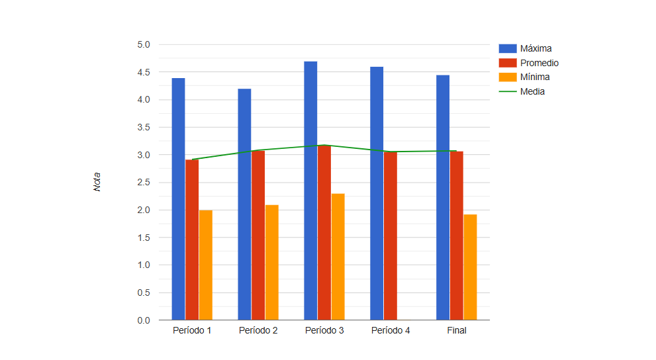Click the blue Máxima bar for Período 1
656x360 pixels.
click(x=178, y=199)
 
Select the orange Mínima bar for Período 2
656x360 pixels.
click(x=271, y=262)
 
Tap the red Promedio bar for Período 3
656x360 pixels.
click(x=324, y=232)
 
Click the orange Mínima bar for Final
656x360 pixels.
click(x=470, y=267)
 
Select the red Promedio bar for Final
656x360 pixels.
click(x=457, y=236)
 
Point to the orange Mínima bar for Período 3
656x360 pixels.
click(x=338, y=257)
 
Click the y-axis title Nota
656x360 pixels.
click(x=97, y=182)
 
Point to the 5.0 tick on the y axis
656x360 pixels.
click(x=144, y=44)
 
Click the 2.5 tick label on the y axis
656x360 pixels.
click(x=144, y=182)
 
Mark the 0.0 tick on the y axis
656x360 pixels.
click(x=144, y=320)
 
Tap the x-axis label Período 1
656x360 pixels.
click(x=192, y=330)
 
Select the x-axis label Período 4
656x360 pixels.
click(x=391, y=330)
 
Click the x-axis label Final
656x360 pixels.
click(x=457, y=330)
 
